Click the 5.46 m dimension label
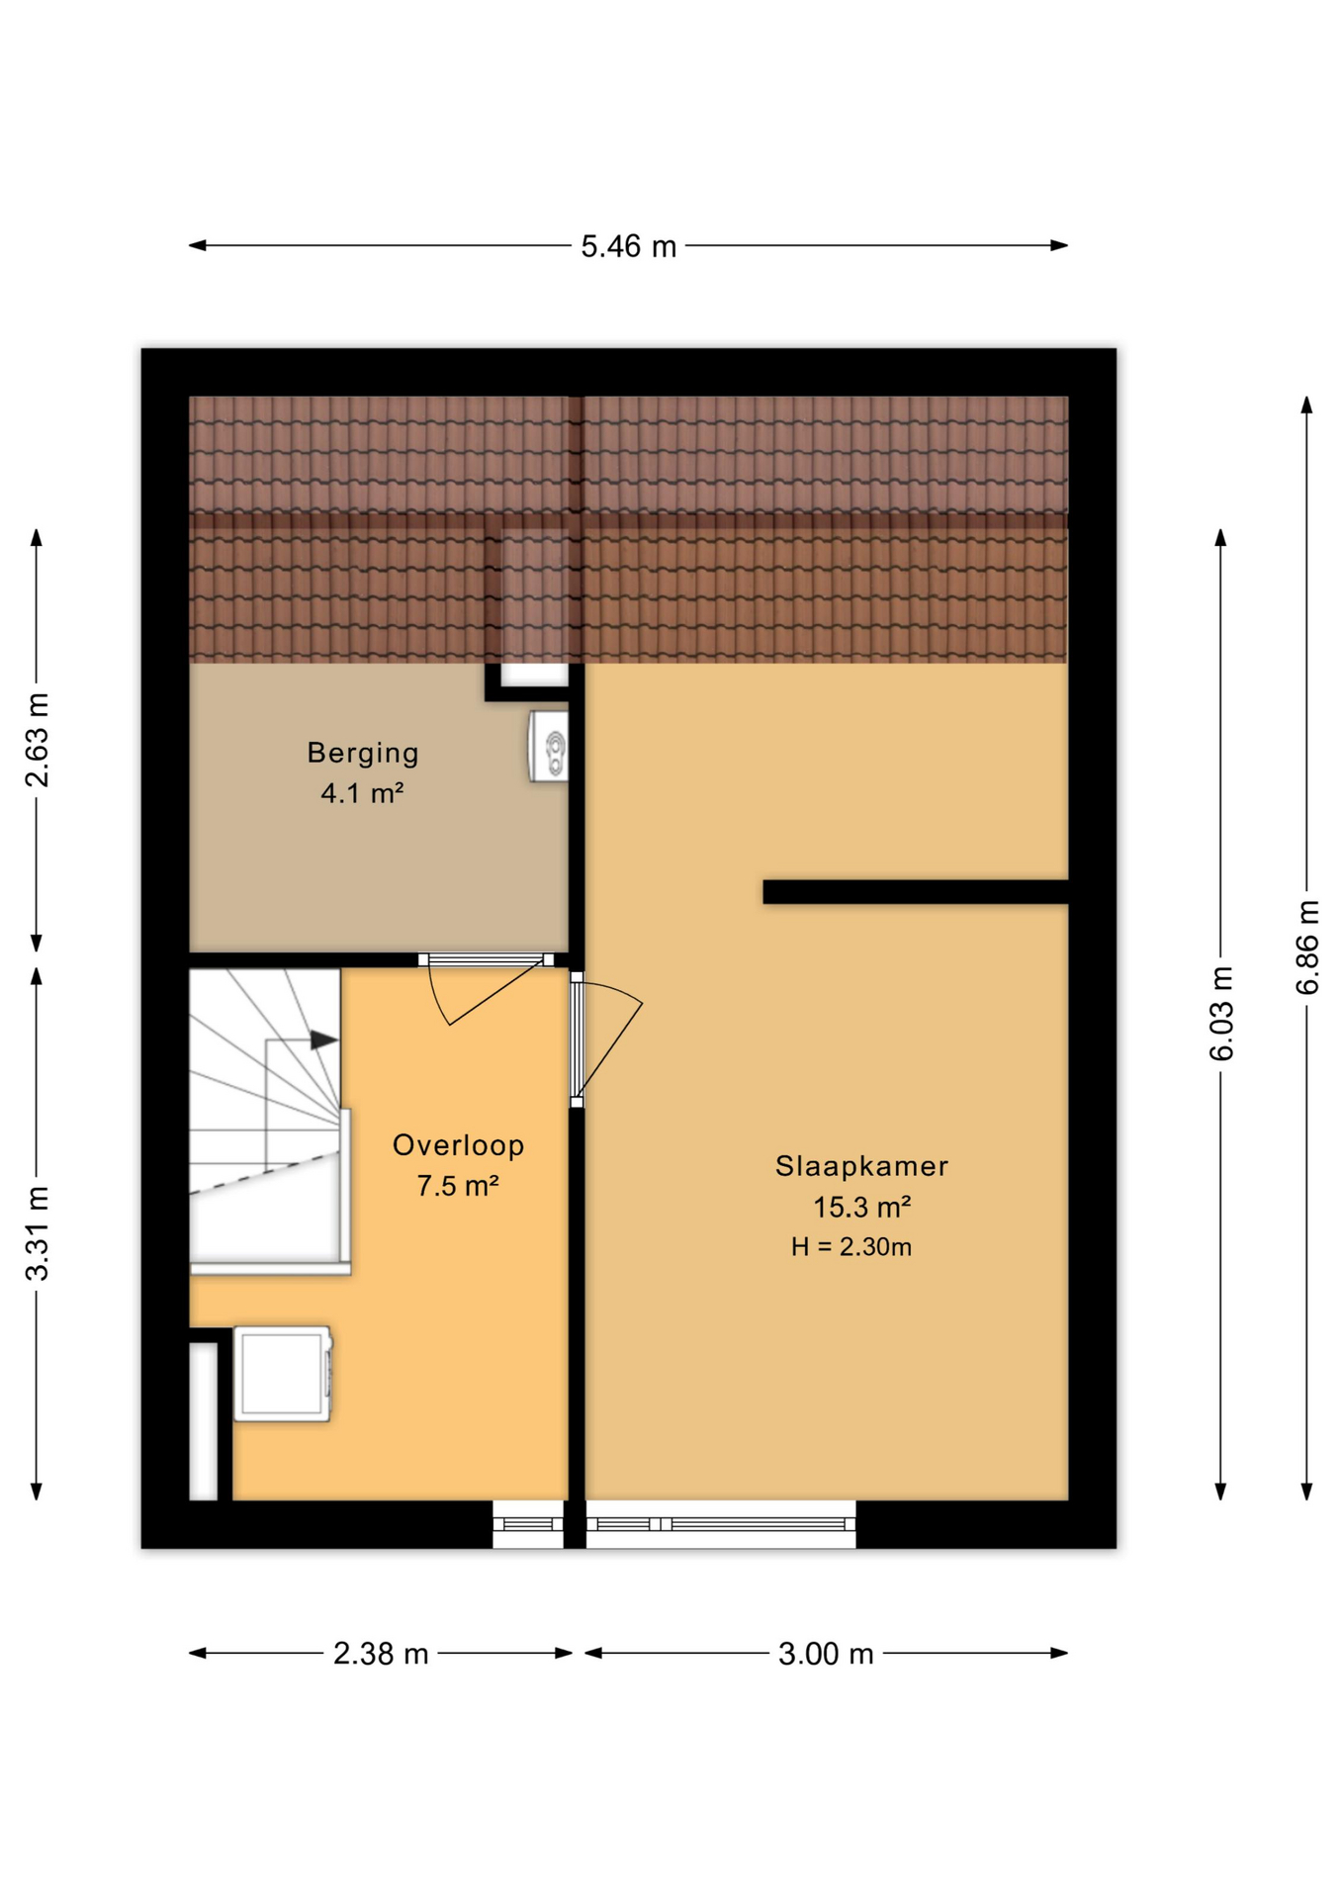[628, 246]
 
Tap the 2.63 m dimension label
[37, 741]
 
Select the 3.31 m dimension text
[37, 1233]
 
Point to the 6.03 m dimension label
[1222, 1014]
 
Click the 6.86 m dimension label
[1307, 947]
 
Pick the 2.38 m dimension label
[381, 1654]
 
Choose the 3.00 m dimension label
[826, 1654]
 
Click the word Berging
[363, 754]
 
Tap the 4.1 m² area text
[362, 793]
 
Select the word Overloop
[458, 1145]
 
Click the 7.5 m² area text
[457, 1186]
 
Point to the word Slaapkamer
[861, 1166]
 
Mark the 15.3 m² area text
[861, 1208]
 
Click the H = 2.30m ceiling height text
[851, 1247]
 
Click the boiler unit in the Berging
[549, 747]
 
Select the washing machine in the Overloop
[283, 1374]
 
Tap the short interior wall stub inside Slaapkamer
[916, 892]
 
